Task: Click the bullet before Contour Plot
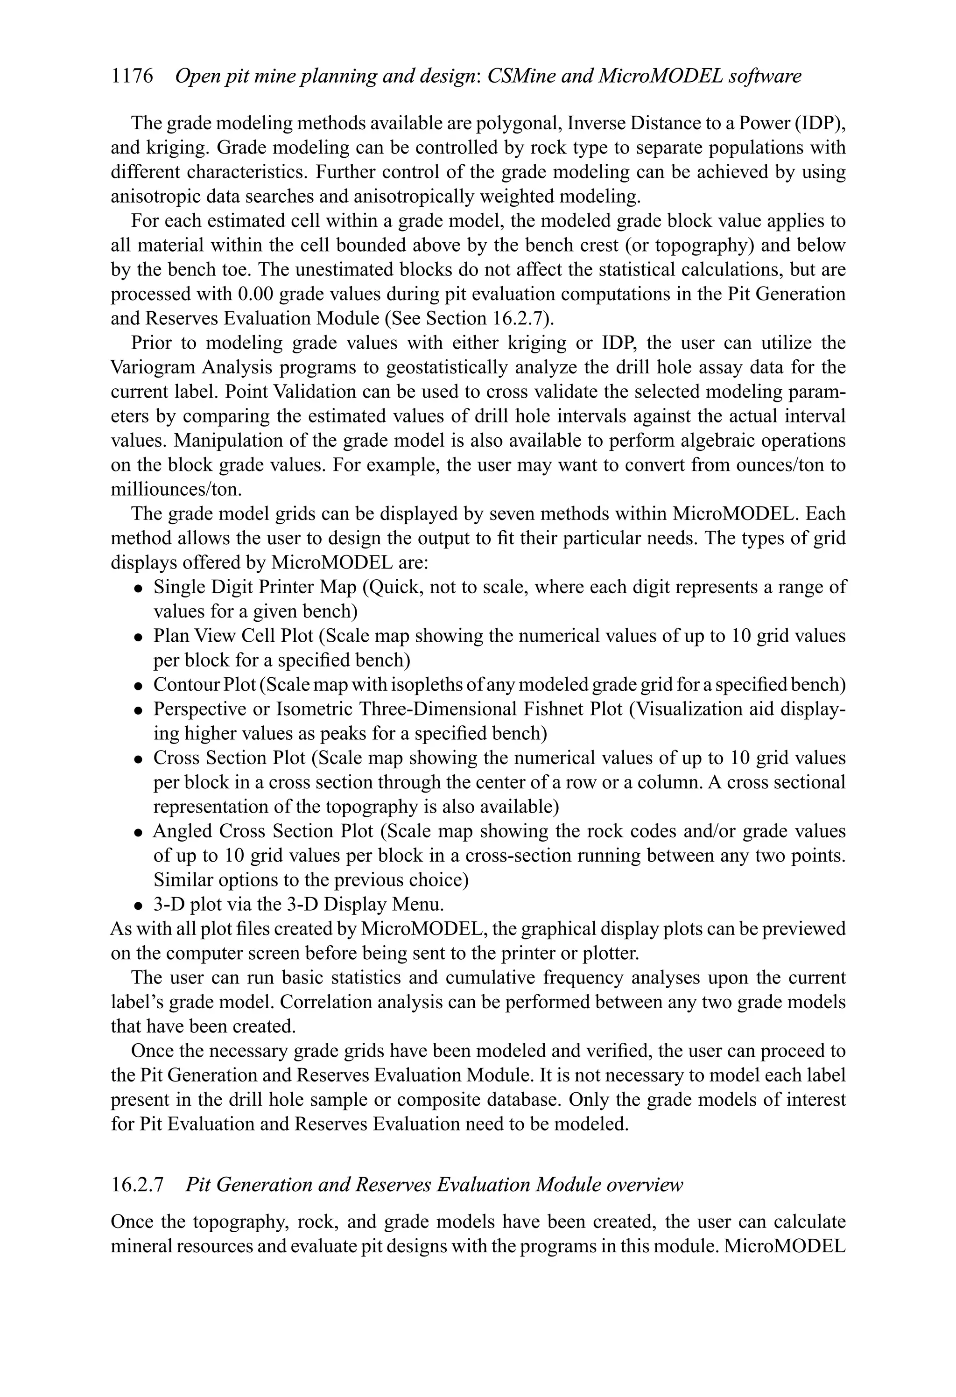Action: coord(138,686)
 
